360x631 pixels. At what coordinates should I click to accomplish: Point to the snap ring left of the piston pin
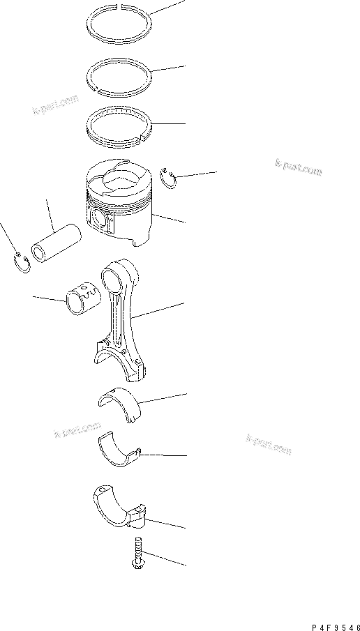click(x=23, y=264)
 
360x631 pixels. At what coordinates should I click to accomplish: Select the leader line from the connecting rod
click(x=161, y=312)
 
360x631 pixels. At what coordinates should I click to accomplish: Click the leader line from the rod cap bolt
click(x=164, y=557)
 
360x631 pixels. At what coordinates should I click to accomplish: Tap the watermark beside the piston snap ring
click(x=298, y=167)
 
